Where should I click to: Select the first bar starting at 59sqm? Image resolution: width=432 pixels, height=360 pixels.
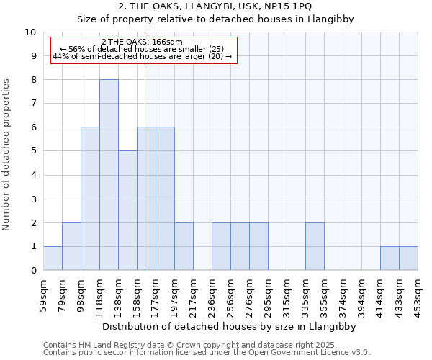tap(53, 258)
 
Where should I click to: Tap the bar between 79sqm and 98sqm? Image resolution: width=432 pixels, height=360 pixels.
tap(71, 246)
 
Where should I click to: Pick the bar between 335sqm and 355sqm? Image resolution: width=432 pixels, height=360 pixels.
tap(315, 246)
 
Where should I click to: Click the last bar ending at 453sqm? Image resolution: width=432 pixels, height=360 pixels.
tap(408, 258)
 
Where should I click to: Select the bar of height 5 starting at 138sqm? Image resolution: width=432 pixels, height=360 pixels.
tap(127, 210)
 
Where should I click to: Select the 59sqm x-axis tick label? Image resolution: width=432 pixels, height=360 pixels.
tap(44, 294)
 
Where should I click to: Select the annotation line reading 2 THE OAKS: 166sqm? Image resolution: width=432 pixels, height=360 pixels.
tap(143, 42)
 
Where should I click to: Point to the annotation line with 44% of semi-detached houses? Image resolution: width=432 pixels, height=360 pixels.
tap(143, 56)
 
